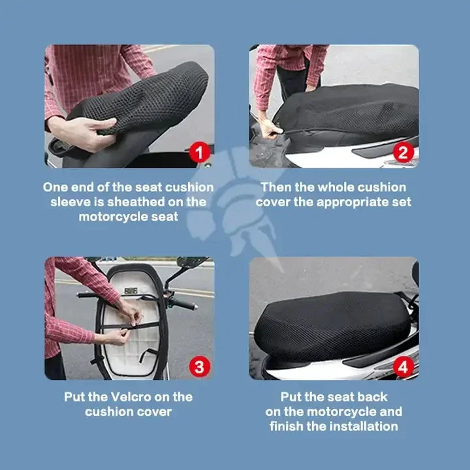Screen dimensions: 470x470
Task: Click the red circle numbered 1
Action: click(200, 153)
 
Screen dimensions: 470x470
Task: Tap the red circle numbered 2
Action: click(404, 153)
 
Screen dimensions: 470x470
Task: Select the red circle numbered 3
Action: click(200, 366)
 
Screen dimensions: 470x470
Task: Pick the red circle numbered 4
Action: click(404, 366)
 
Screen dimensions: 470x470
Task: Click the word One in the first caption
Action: click(55, 187)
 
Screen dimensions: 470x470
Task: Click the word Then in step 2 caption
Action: click(276, 187)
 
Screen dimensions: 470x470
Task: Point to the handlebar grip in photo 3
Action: click(184, 304)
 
